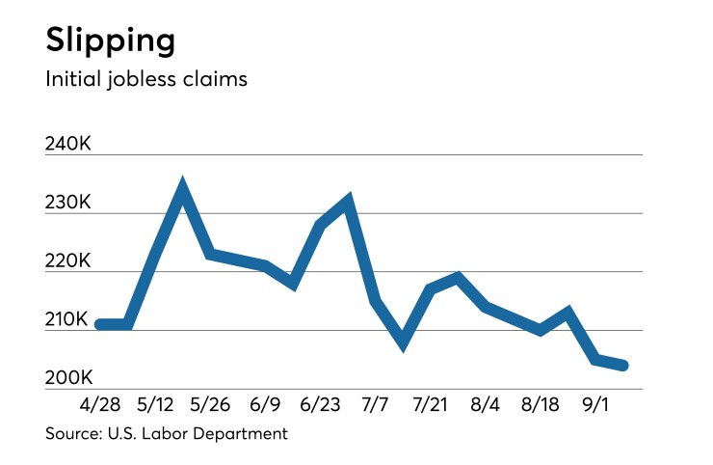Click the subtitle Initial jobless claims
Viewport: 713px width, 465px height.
[x=146, y=79]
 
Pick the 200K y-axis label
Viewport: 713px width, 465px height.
[x=67, y=377]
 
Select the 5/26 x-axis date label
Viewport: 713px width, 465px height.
[x=211, y=402]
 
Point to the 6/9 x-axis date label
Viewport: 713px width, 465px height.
[x=265, y=402]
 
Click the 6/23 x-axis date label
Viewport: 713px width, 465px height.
[x=321, y=402]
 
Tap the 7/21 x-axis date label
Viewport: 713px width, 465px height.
[x=431, y=402]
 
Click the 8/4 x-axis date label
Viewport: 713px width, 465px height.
[x=486, y=402]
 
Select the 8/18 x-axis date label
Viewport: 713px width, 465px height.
[x=541, y=402]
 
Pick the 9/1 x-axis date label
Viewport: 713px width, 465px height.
[x=595, y=402]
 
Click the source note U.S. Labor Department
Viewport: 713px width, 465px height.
[x=166, y=433]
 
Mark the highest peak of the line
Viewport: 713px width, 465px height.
[x=182, y=186]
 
